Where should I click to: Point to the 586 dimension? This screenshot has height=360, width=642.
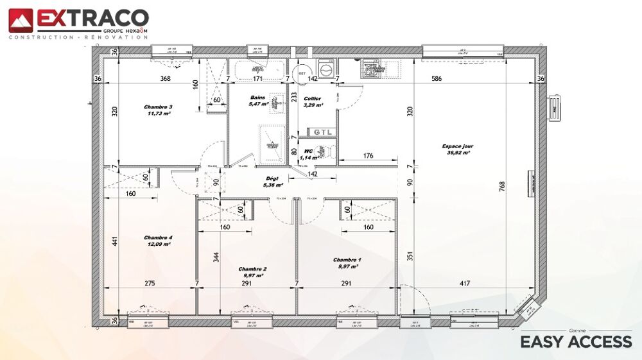pos(437,78)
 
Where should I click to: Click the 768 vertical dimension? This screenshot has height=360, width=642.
pos(501,187)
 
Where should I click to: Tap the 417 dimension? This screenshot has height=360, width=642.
pos(465,283)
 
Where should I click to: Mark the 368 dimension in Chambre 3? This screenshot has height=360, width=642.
pos(165,78)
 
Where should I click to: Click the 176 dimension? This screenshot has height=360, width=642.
pos(368,155)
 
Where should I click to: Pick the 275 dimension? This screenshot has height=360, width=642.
pos(150,283)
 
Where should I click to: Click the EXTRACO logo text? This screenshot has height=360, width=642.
pos(92,18)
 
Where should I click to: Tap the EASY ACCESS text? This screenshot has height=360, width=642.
pos(575,342)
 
